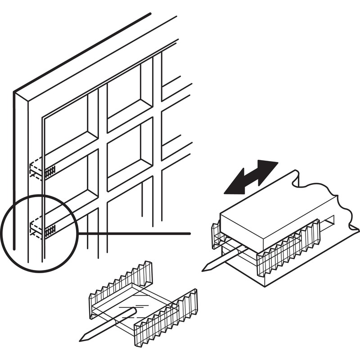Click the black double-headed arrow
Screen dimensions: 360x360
click(x=251, y=177)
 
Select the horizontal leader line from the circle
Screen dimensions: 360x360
click(x=135, y=233)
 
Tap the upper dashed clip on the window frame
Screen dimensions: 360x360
click(x=42, y=170)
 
